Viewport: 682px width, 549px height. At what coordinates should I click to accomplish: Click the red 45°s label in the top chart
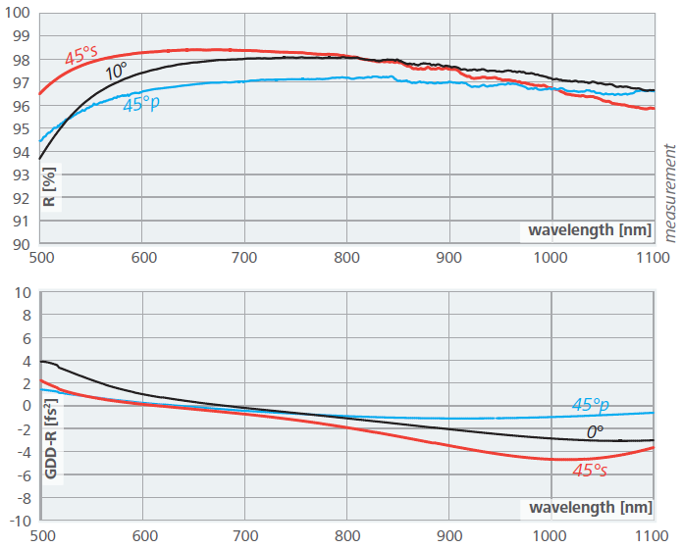coord(81,57)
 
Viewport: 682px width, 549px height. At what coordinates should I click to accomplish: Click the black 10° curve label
coord(116,72)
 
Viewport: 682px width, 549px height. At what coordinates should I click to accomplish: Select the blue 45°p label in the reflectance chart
coord(141,103)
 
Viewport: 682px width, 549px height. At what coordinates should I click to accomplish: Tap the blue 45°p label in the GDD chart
coord(591,404)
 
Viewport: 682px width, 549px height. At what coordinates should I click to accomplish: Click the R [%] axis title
coord(49,185)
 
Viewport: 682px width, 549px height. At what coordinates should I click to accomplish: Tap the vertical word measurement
coord(671,192)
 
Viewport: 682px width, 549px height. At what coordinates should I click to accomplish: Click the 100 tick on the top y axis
coord(18,14)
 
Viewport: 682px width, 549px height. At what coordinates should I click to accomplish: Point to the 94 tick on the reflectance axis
coord(22,152)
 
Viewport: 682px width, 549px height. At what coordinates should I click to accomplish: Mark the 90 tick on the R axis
coord(22,244)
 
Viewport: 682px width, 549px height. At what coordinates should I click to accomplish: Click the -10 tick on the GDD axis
coord(19,521)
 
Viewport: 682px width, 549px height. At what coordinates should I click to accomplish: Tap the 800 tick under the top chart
coord(347,259)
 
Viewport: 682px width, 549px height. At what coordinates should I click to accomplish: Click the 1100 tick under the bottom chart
coord(654,536)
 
